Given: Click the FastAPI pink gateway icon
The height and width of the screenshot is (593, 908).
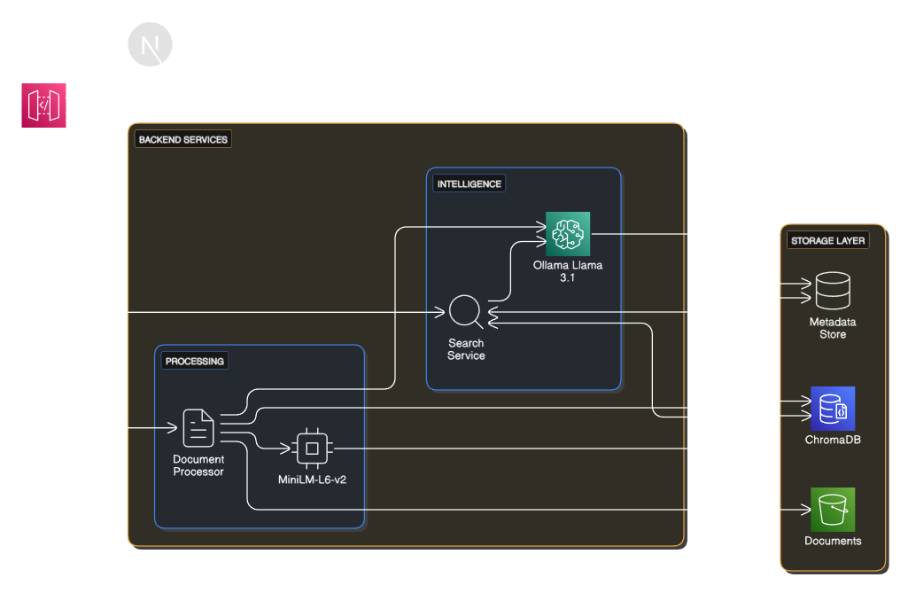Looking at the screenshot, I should pyautogui.click(x=43, y=105).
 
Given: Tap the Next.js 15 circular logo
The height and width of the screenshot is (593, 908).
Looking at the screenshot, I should pyautogui.click(x=150, y=43).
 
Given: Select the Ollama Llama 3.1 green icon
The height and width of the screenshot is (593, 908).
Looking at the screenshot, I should pyautogui.click(x=568, y=234).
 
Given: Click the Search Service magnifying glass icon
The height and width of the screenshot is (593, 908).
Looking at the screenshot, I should pyautogui.click(x=465, y=312).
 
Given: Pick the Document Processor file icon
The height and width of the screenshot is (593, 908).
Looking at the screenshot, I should pyautogui.click(x=198, y=428).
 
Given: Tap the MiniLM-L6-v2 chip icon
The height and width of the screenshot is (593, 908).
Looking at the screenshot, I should pyautogui.click(x=312, y=449).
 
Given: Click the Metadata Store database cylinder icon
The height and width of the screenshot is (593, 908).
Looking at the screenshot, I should pyautogui.click(x=832, y=291).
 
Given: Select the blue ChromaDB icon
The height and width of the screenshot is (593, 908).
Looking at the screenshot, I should pyautogui.click(x=832, y=409).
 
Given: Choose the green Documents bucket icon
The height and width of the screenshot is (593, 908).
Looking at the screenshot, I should pyautogui.click(x=832, y=509).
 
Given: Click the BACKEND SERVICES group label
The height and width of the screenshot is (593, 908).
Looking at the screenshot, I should pyautogui.click(x=183, y=140).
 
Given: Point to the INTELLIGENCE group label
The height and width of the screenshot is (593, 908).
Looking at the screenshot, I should pyautogui.click(x=469, y=184).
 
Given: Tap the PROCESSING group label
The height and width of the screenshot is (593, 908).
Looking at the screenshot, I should pyautogui.click(x=195, y=361).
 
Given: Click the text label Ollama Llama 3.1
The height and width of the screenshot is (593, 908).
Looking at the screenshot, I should pyautogui.click(x=567, y=272).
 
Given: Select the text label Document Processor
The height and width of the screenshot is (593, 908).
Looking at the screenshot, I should pyautogui.click(x=198, y=465).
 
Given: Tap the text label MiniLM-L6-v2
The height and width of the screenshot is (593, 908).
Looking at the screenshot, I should pyautogui.click(x=312, y=480).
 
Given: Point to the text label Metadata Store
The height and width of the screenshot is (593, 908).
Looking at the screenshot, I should pyautogui.click(x=832, y=328).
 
